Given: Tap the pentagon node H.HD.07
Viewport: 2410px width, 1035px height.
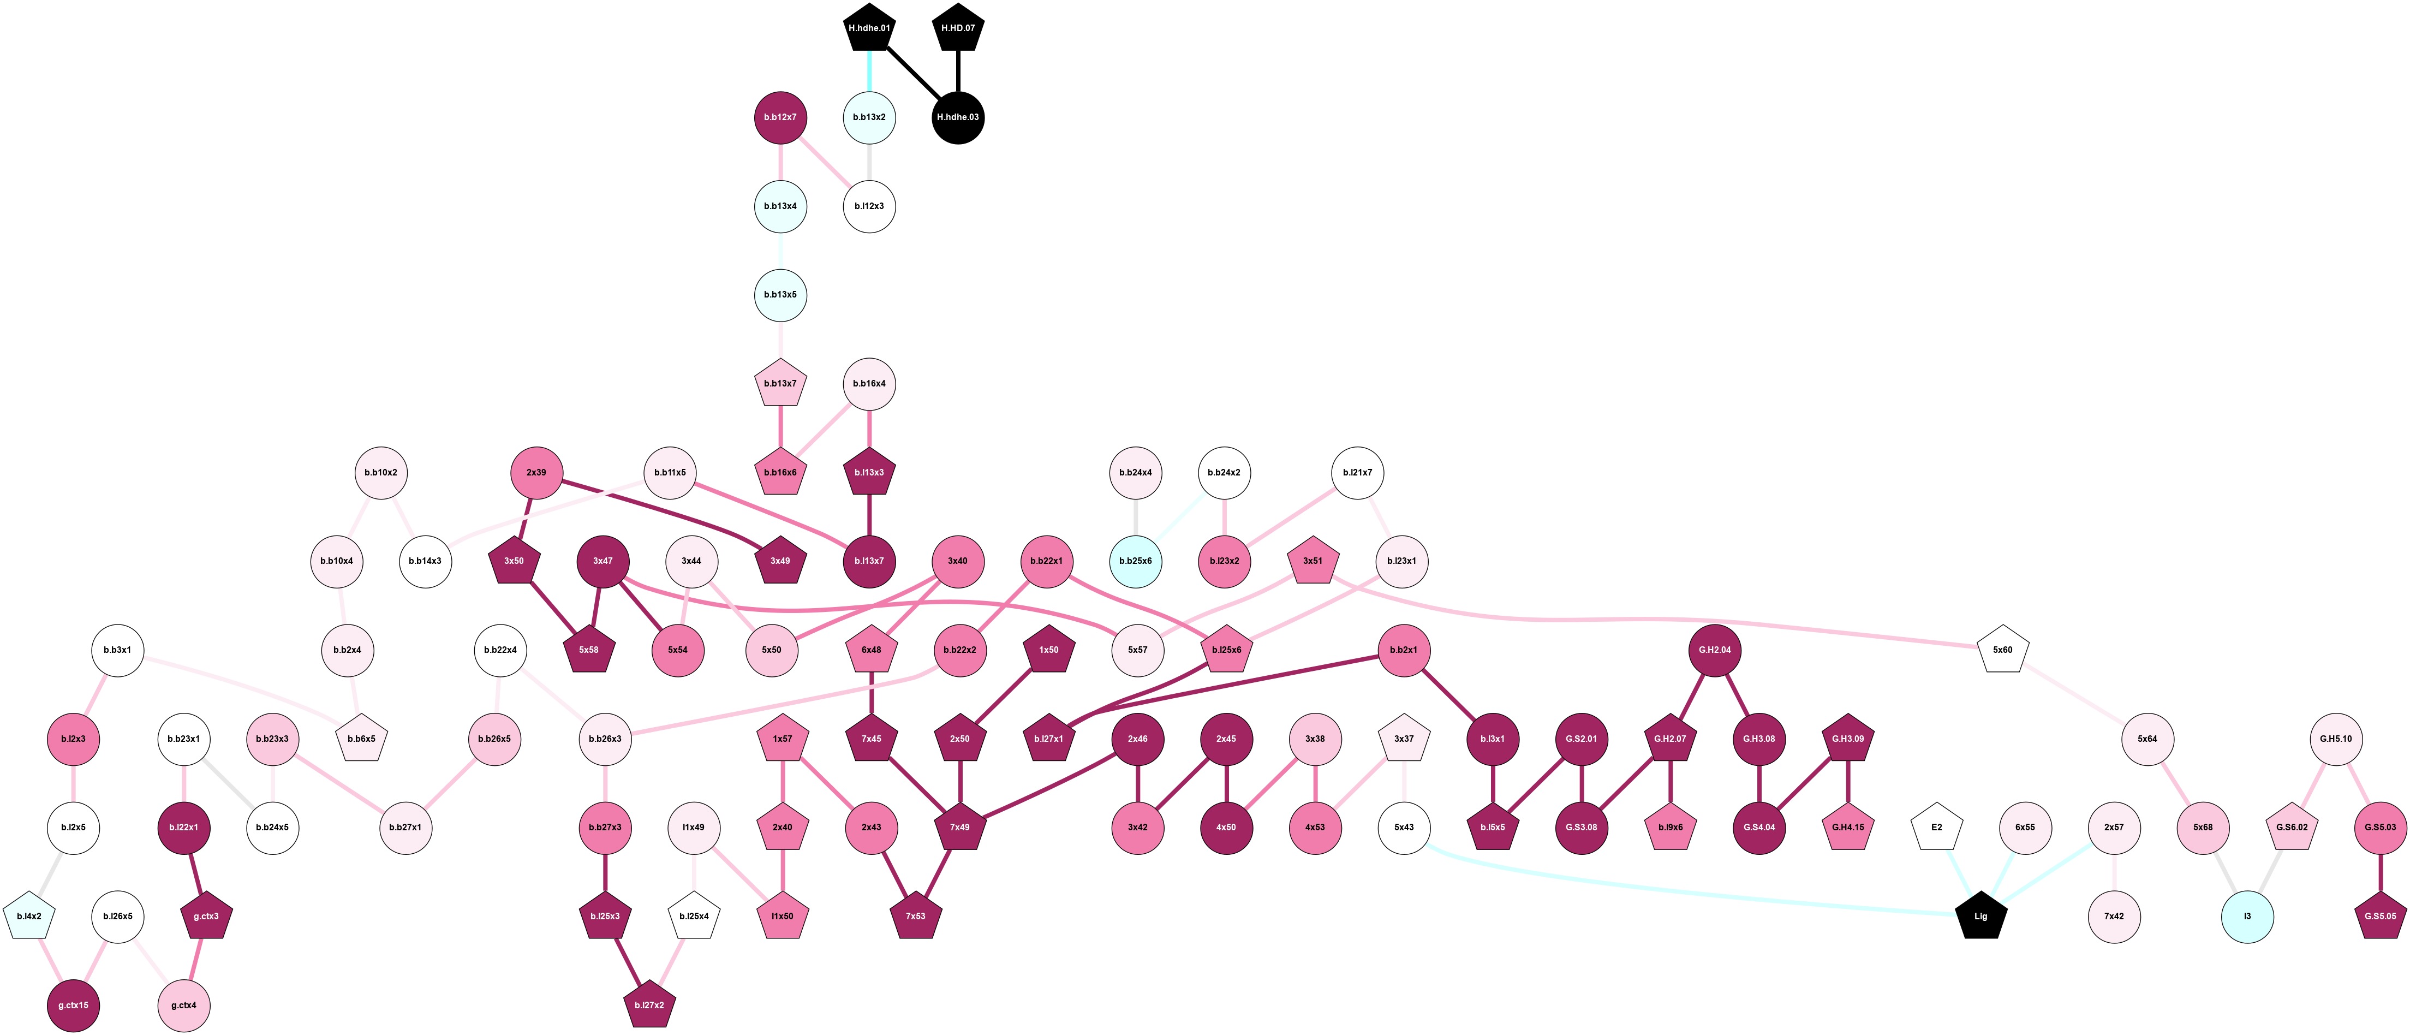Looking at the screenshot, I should pyautogui.click(x=958, y=28).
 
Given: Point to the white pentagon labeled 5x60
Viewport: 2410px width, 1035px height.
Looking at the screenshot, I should pyautogui.click(x=2002, y=650).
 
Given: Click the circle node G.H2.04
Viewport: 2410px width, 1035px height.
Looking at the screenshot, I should pyautogui.click(x=1715, y=650).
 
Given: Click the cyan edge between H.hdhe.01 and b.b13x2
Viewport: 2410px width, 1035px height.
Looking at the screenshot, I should pyautogui.click(x=869, y=71).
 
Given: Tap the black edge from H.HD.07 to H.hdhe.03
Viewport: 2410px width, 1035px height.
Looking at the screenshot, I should pyautogui.click(x=958, y=71).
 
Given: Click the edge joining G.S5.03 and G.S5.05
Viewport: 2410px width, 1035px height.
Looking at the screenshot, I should pyautogui.click(x=2380, y=872).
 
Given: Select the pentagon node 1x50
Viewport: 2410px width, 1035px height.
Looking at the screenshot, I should pyautogui.click(x=1049, y=650).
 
